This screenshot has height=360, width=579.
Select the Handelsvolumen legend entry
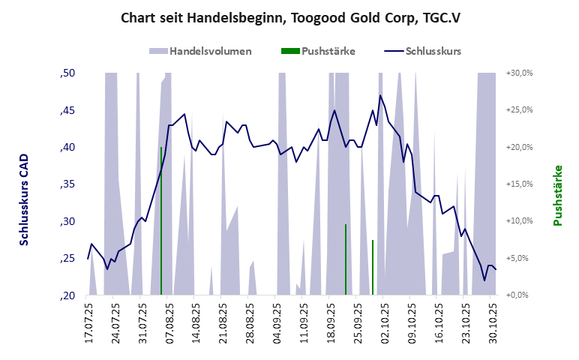200,51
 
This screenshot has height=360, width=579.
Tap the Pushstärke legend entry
318,51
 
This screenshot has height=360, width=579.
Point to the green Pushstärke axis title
557,195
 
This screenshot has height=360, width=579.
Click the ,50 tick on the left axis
67,73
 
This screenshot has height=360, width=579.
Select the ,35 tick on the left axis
67,184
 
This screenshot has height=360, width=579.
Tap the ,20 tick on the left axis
67,295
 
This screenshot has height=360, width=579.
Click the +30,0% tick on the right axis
519,73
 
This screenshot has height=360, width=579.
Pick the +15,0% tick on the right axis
519,184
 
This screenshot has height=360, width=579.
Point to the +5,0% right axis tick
519,258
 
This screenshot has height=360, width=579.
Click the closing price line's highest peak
380,95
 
